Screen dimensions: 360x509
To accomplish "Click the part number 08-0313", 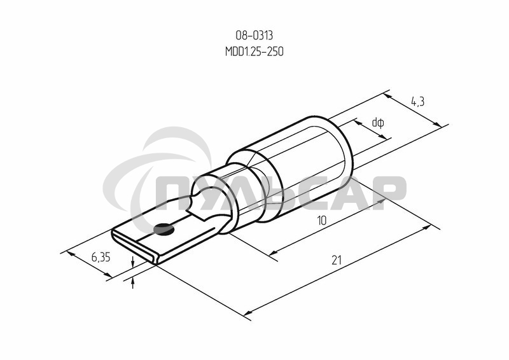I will click(x=254, y=37).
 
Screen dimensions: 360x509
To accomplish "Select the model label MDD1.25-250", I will click(x=254, y=52).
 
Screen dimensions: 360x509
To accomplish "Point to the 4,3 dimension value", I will click(x=417, y=101).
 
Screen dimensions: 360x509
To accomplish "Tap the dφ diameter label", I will click(x=378, y=122).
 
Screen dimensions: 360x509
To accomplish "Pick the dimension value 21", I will click(x=337, y=260).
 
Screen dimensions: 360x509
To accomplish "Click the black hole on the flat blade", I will click(x=164, y=227).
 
